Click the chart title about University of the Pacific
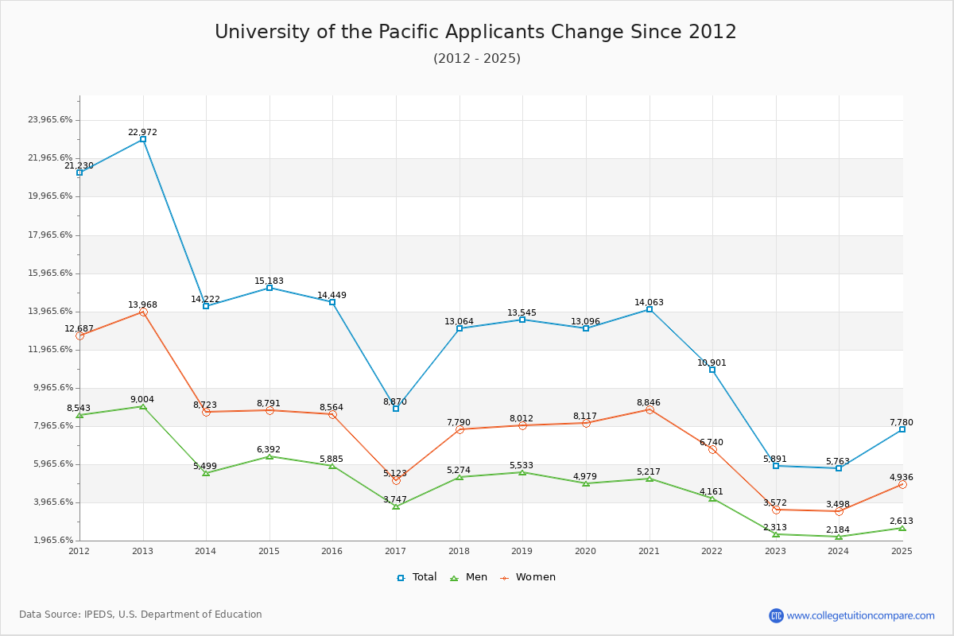coord(475,32)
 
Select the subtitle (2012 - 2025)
coord(476,59)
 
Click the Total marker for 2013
coord(143,139)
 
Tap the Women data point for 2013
coord(143,312)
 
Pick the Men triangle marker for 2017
coord(396,506)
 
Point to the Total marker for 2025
coord(902,429)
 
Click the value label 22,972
coord(142,132)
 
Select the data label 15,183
coord(269,281)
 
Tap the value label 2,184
coord(838,529)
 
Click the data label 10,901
coord(712,363)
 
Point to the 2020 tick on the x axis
coord(585,551)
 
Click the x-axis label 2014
coord(205,551)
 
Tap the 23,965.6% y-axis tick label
coord(50,120)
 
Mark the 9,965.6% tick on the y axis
coord(50,388)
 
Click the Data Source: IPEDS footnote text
coord(141,615)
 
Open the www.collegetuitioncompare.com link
coord(860,615)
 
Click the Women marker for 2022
coord(712,449)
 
